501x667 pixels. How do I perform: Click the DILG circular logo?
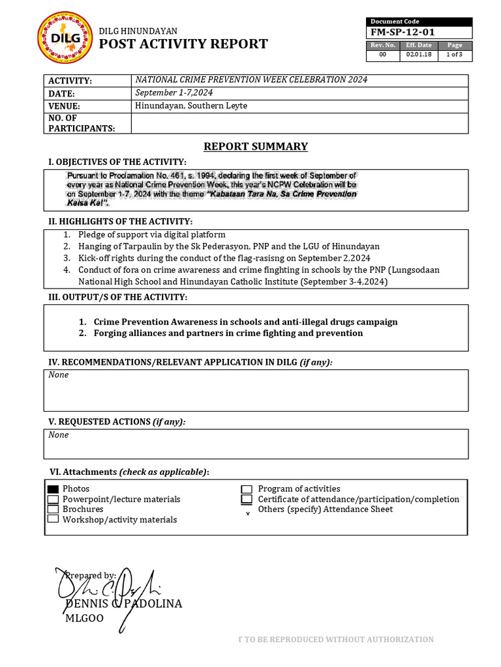point(65,38)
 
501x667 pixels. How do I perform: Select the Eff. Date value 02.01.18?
point(419,55)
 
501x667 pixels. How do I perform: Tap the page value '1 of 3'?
point(455,55)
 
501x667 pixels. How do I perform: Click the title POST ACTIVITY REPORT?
point(183,44)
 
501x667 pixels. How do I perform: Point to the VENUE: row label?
point(64,106)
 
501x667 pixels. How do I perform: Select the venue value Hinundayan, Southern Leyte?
point(191,106)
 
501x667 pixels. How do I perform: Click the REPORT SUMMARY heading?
point(256,147)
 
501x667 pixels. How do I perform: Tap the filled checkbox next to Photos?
point(53,489)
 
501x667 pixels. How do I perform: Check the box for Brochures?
point(53,509)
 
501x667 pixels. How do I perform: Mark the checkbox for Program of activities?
point(247,489)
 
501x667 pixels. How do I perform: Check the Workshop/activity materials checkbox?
point(53,519)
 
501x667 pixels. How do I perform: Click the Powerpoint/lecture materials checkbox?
point(53,500)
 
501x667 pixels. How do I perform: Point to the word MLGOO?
point(84,618)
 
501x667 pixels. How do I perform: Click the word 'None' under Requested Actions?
point(59,435)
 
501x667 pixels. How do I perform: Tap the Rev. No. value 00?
point(383,55)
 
